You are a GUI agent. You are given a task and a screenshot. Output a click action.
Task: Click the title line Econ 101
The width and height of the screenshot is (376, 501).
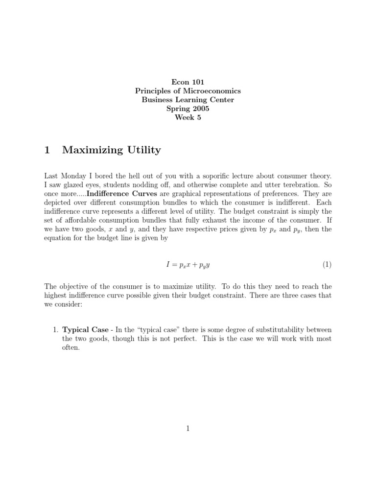pos(188,82)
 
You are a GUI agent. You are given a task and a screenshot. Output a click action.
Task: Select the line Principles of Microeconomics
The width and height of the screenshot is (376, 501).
pos(188,91)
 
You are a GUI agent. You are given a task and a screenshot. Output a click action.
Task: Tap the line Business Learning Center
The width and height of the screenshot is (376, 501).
pos(188,100)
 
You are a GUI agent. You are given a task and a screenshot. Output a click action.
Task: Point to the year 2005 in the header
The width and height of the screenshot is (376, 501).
pos(200,109)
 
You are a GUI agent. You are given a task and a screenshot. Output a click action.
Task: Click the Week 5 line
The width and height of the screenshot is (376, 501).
pos(188,117)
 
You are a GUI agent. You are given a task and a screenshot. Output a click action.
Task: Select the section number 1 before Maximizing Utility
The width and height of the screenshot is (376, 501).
pos(47,150)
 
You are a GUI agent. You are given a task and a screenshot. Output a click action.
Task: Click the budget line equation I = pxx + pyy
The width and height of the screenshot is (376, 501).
pos(188,265)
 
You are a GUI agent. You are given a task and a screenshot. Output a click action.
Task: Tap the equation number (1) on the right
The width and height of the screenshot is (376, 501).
pos(327,265)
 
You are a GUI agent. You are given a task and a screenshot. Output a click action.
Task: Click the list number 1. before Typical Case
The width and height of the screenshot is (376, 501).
pos(55,330)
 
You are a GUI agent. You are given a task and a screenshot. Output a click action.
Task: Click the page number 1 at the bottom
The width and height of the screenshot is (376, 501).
pos(188,429)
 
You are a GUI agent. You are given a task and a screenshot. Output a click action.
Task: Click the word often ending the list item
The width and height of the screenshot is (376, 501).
pos(70,347)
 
